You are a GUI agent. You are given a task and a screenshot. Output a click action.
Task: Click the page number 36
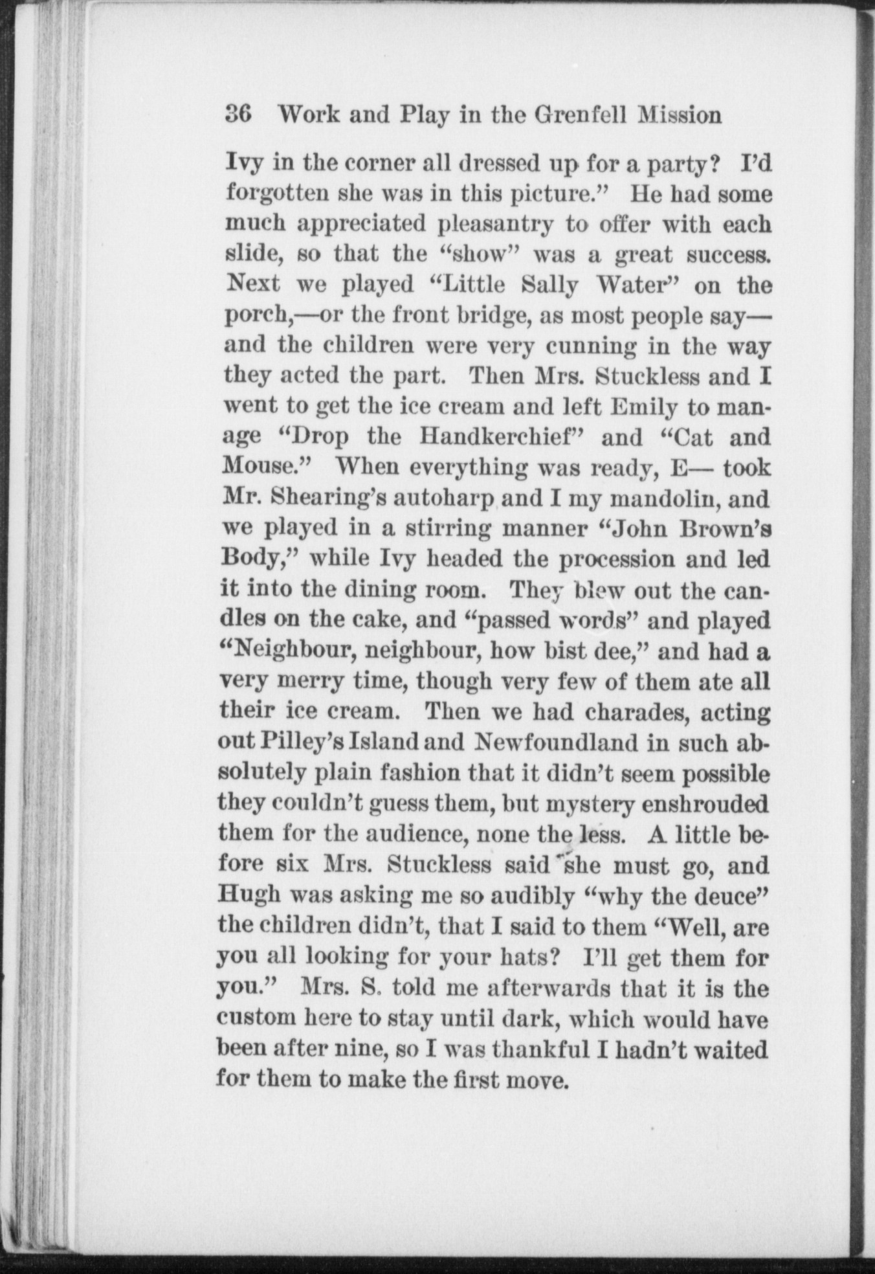pyautogui.click(x=238, y=115)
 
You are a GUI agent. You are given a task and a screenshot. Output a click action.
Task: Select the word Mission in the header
pyautogui.click(x=680, y=115)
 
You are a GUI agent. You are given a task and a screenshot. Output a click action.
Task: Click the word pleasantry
pyautogui.click(x=496, y=225)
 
